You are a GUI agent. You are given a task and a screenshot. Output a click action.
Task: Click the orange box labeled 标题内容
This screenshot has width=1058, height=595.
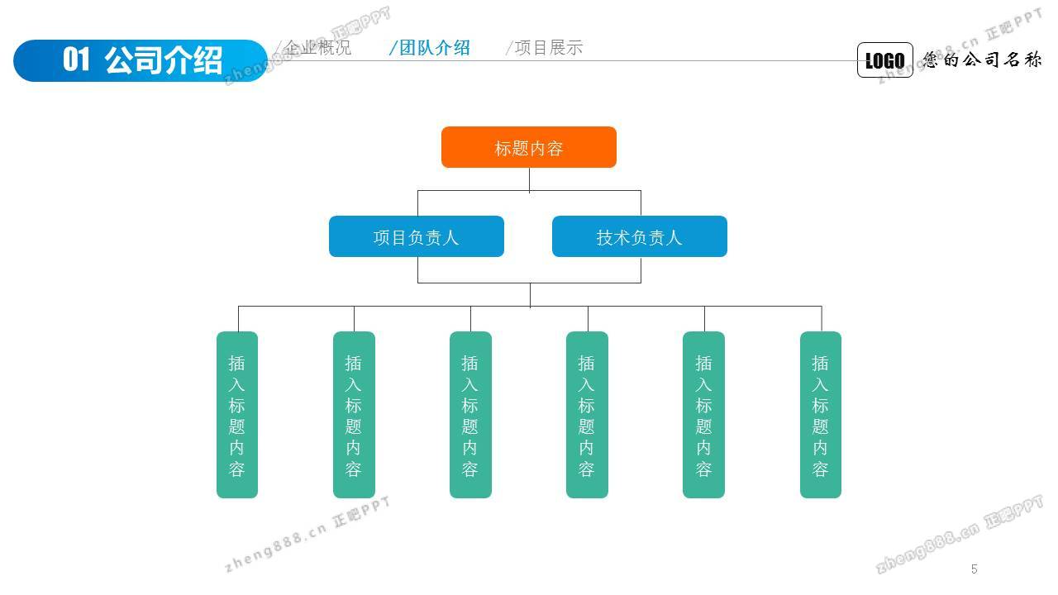pyautogui.click(x=529, y=148)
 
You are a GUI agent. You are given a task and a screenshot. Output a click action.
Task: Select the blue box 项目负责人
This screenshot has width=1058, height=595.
pyautogui.click(x=417, y=237)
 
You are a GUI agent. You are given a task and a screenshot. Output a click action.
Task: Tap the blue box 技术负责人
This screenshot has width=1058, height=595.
pyautogui.click(x=640, y=237)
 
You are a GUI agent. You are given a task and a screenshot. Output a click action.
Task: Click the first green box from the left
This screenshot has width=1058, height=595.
pyautogui.click(x=237, y=415)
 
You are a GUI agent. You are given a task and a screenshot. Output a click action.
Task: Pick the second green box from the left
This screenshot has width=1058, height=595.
pyautogui.click(x=354, y=415)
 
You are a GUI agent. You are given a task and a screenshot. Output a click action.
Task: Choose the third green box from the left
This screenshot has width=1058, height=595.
pyautogui.click(x=470, y=415)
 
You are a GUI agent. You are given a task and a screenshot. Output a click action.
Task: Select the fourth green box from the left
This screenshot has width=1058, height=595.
pyautogui.click(x=587, y=415)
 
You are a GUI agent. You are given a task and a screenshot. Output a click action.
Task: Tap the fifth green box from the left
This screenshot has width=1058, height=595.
pyautogui.click(x=703, y=415)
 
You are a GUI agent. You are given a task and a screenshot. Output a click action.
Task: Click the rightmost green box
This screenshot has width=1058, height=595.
pyautogui.click(x=821, y=415)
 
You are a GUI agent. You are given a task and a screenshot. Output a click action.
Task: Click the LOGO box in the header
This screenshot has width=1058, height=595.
pyautogui.click(x=885, y=60)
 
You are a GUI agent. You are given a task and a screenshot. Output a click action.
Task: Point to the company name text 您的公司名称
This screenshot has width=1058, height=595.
pyautogui.click(x=983, y=59)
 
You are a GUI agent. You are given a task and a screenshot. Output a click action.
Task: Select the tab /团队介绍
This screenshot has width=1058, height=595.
pyautogui.click(x=430, y=48)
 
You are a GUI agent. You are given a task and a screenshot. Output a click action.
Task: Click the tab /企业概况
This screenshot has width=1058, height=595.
pyautogui.click(x=314, y=48)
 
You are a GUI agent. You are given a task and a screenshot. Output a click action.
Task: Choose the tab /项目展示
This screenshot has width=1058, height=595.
pyautogui.click(x=545, y=48)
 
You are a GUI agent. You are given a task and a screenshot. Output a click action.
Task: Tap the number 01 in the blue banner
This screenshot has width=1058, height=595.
pyautogui.click(x=76, y=60)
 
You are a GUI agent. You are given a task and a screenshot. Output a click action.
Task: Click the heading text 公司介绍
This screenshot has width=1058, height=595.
pyautogui.click(x=164, y=60)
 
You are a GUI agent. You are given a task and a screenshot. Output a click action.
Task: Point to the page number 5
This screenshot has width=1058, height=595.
pyautogui.click(x=975, y=569)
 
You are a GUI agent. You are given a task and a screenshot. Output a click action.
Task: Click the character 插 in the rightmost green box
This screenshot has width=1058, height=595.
pyautogui.click(x=821, y=363)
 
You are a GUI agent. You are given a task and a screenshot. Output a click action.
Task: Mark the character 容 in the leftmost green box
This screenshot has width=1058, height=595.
pyautogui.click(x=237, y=470)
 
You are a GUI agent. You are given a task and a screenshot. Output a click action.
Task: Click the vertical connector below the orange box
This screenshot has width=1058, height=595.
pyautogui.click(x=530, y=179)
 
